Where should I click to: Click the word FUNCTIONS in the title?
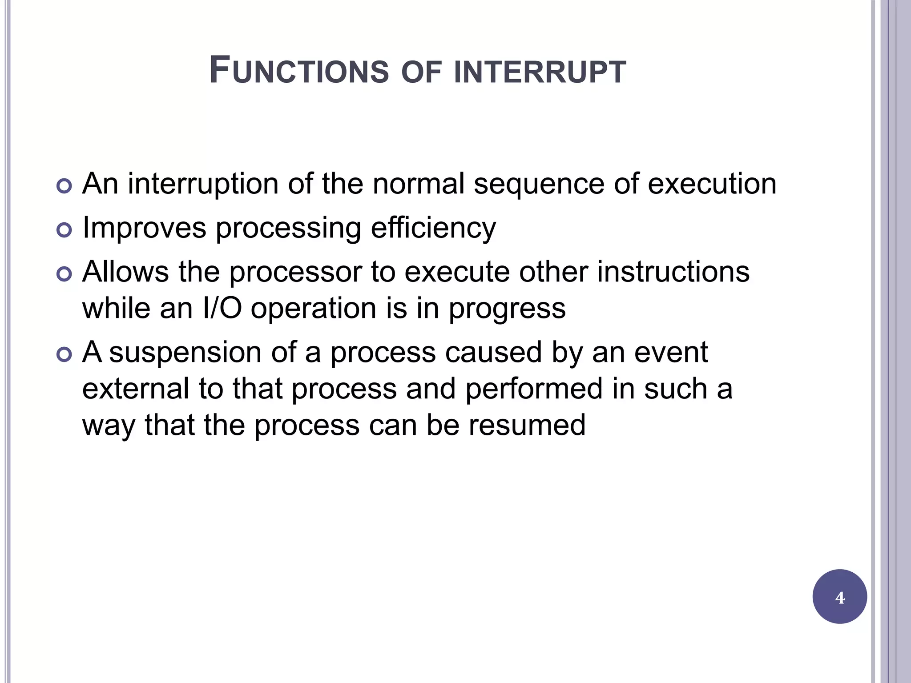point(299,71)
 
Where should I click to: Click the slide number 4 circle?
point(839,597)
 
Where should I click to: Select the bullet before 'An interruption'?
point(64,186)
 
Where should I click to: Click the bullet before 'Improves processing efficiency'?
point(64,230)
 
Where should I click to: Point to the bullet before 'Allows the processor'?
point(64,274)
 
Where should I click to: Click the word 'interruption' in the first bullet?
point(203,183)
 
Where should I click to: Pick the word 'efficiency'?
point(433,228)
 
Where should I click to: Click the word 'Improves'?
point(145,228)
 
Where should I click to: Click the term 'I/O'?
point(222,308)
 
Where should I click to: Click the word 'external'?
point(136,388)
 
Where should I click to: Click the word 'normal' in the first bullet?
point(419,183)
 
